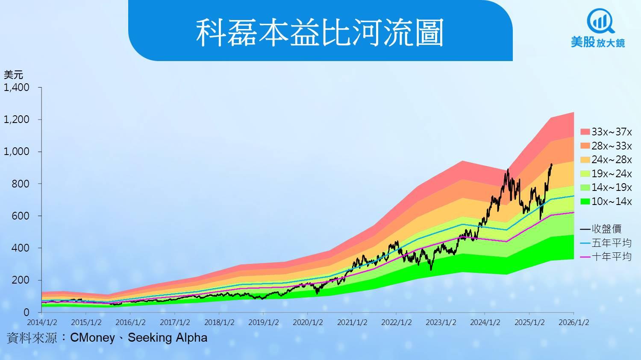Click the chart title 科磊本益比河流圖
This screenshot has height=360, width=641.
[x=320, y=32]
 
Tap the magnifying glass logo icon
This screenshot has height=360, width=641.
[x=600, y=21]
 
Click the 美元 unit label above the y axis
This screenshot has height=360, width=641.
[x=13, y=75]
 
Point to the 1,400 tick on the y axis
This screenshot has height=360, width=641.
[x=16, y=88]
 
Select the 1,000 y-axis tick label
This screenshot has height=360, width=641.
[x=16, y=152]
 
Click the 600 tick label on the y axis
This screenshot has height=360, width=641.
[x=21, y=216]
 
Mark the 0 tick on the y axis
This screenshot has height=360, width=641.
[x=26, y=312]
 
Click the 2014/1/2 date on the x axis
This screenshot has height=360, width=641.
[x=42, y=322]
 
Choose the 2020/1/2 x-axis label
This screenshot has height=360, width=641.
[x=308, y=322]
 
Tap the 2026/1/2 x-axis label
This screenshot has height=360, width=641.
[x=574, y=322]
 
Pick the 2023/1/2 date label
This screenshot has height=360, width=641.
[x=441, y=322]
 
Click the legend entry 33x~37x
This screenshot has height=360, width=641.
[x=606, y=132]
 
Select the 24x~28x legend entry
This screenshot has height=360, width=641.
[x=606, y=160]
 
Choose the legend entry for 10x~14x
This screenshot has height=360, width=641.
[x=606, y=202]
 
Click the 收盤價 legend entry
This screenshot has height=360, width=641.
[x=601, y=229]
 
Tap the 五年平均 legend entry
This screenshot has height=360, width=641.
[x=606, y=243]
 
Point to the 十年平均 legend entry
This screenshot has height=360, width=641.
[x=606, y=257]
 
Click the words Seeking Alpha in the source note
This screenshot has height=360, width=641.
[x=168, y=338]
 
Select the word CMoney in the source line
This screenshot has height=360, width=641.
[x=92, y=338]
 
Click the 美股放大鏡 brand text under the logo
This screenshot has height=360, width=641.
[x=598, y=42]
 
